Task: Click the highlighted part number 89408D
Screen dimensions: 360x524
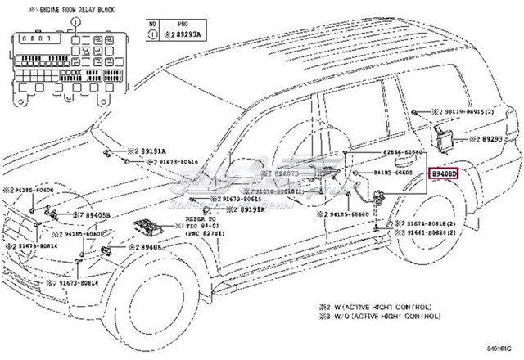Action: click(x=445, y=173)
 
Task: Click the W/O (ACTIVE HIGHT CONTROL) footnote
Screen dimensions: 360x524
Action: click(x=381, y=316)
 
